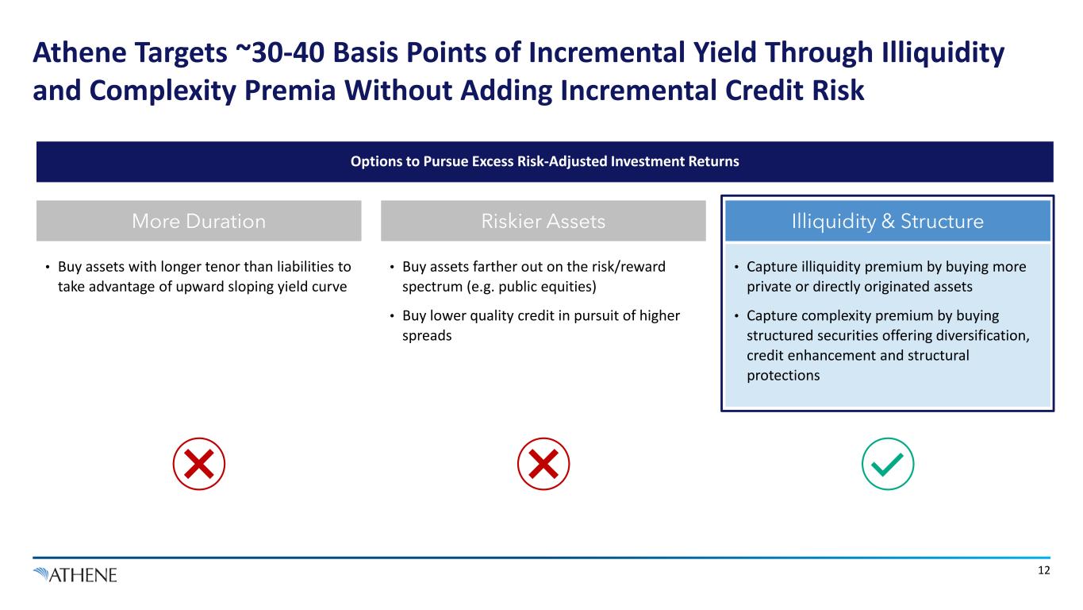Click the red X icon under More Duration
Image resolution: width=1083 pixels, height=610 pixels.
click(x=198, y=464)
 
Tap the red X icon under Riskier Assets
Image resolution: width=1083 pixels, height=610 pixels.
click(x=543, y=464)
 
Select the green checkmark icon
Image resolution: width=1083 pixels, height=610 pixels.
click(x=888, y=464)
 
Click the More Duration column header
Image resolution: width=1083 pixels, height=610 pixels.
click(x=198, y=221)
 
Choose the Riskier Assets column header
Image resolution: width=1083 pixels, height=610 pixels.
click(x=543, y=221)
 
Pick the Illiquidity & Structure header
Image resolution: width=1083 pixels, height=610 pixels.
click(x=888, y=221)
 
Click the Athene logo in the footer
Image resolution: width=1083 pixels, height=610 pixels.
click(x=75, y=575)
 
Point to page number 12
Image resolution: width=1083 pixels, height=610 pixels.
click(x=1044, y=570)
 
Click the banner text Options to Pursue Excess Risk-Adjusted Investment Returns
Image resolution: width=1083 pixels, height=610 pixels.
click(x=545, y=161)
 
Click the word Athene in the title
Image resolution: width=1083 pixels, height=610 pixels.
click(x=81, y=52)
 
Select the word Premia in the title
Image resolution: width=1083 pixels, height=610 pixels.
click(x=290, y=91)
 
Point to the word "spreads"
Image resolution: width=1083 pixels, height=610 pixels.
click(x=427, y=335)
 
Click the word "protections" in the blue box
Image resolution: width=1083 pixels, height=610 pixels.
click(x=783, y=376)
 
